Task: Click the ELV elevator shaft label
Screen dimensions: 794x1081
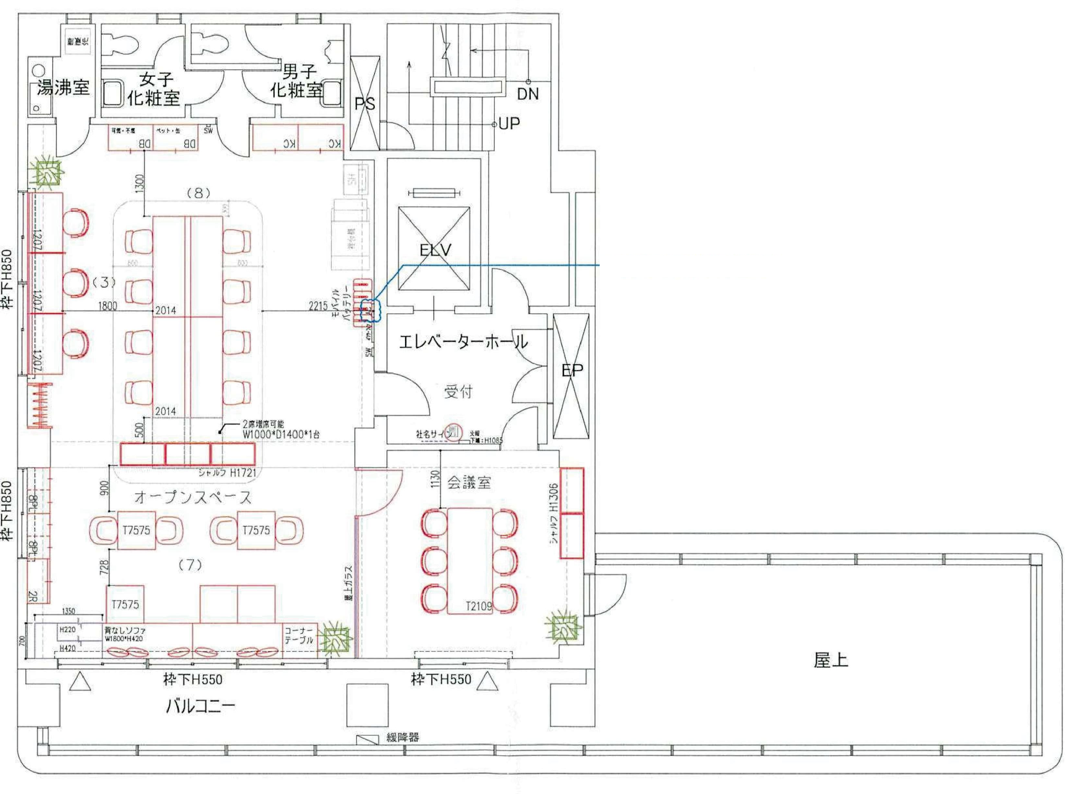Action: [x=435, y=250]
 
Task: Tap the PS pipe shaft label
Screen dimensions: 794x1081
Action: [x=365, y=104]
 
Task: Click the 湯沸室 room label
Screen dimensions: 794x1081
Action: [x=63, y=88]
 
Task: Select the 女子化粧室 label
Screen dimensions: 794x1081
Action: [x=154, y=89]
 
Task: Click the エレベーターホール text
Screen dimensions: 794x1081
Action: [x=463, y=342]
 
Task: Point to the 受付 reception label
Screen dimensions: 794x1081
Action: [x=458, y=392]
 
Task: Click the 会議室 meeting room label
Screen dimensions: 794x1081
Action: [x=469, y=482]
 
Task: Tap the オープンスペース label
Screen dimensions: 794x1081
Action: [x=193, y=497]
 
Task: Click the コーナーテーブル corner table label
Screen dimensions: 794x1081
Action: [x=299, y=635]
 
